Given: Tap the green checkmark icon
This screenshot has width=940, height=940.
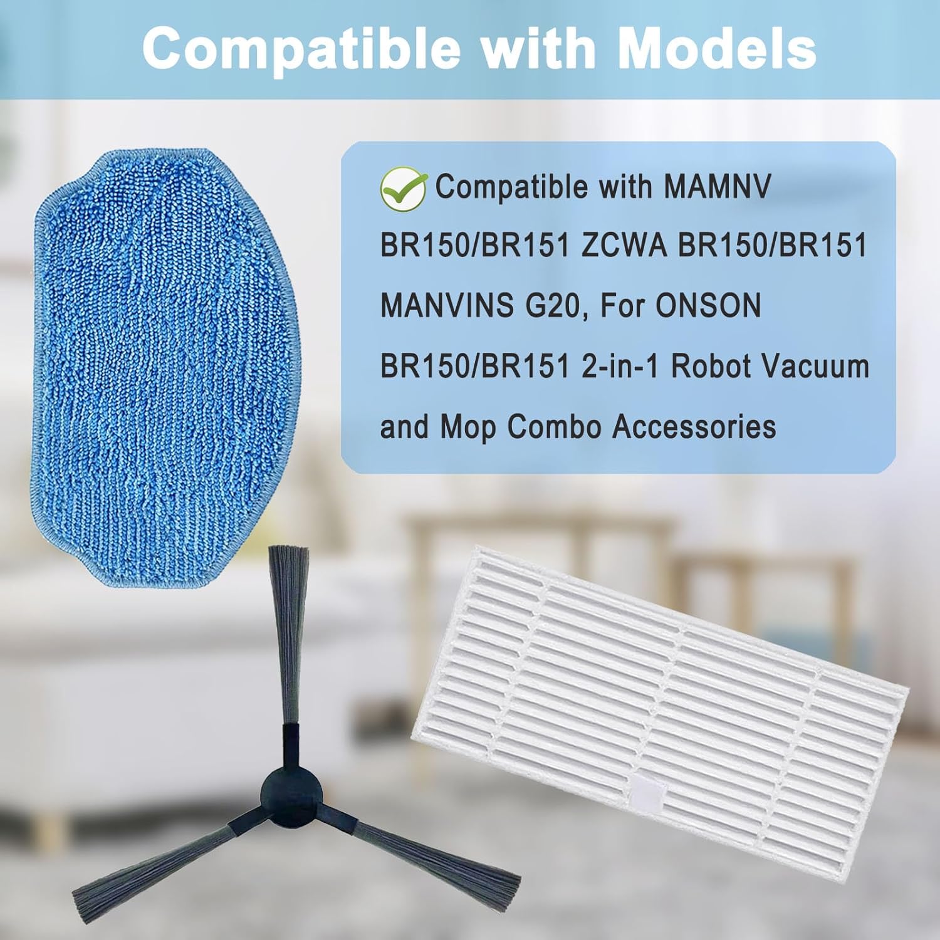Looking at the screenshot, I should coord(404,187).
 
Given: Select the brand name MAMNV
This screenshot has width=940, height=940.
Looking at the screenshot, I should coord(717,187).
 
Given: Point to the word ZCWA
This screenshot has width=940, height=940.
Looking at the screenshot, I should coord(624,246).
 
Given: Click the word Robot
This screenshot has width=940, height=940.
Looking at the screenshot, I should coord(709,367).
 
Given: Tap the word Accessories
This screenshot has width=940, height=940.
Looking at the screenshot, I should coord(694,427).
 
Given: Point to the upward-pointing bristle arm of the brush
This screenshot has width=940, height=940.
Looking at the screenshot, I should coord(289,633).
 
